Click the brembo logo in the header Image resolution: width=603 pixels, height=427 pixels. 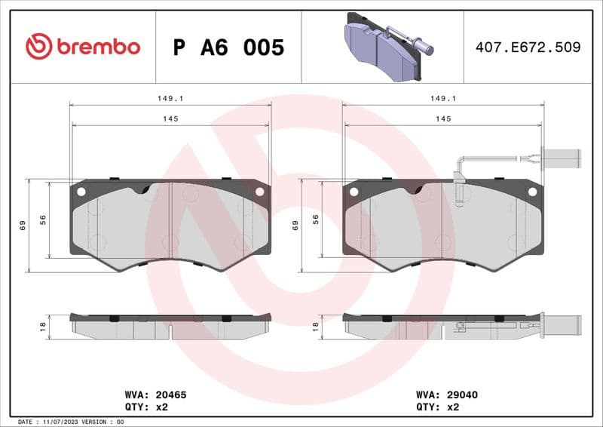[x=83, y=47]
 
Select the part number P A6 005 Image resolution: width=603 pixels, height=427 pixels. [x=228, y=48]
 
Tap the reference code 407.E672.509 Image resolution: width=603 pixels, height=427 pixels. [x=528, y=47]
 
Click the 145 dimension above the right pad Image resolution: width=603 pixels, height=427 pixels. [x=443, y=118]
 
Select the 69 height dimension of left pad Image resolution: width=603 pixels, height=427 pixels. [x=23, y=225]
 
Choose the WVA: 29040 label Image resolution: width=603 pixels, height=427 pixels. [x=447, y=395]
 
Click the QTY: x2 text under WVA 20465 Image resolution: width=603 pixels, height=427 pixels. [x=145, y=406]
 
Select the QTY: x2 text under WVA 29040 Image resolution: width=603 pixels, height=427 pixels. [x=436, y=406]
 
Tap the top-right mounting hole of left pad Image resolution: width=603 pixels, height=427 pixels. [x=259, y=192]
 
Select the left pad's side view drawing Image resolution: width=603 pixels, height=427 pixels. [x=170, y=326]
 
